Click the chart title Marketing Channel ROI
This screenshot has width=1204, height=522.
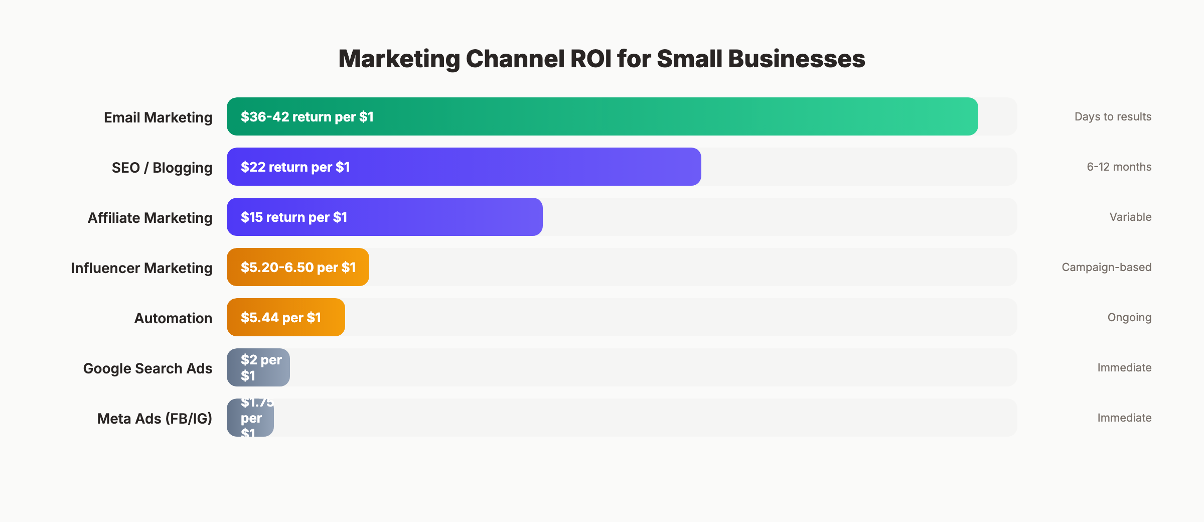click(x=601, y=59)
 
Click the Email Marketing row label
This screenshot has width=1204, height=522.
click(x=158, y=117)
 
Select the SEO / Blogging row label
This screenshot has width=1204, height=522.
click(x=162, y=168)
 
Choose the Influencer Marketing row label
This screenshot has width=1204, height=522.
click(x=141, y=268)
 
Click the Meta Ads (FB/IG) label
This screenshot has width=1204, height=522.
click(x=155, y=419)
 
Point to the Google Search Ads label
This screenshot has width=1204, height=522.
click(x=147, y=368)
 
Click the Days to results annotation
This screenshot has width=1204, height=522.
click(x=1113, y=116)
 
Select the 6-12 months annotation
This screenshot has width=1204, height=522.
click(x=1119, y=167)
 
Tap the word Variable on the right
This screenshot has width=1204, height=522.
click(x=1130, y=217)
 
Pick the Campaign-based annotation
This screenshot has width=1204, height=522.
click(x=1106, y=267)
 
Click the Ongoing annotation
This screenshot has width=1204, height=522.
click(x=1129, y=317)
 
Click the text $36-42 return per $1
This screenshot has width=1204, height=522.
click(x=307, y=116)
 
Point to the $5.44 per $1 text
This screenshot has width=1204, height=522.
click(x=280, y=317)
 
